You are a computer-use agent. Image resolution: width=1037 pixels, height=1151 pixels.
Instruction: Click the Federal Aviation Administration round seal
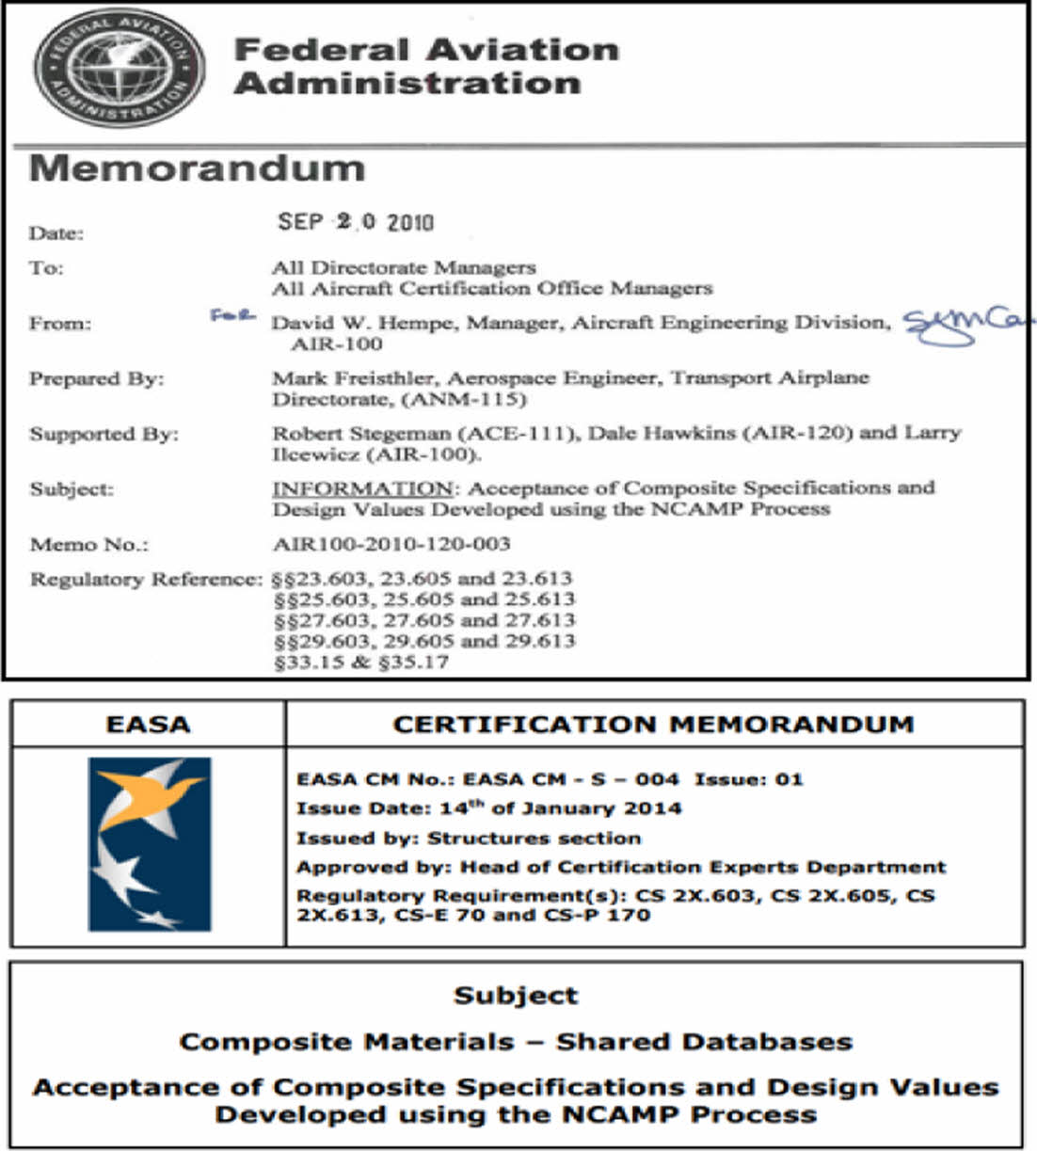point(120,70)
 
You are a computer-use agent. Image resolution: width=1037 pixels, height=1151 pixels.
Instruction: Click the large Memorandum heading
point(198,168)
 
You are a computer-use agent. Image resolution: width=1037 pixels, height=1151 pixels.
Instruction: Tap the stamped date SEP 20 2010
point(356,222)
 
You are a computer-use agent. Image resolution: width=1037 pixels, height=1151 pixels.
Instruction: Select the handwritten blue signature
point(965,325)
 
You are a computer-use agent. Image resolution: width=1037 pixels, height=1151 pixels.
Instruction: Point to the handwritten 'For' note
point(232,315)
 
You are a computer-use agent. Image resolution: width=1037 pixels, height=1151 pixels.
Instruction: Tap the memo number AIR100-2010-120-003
point(391,544)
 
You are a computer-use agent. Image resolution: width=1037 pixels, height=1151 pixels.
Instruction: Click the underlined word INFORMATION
point(362,488)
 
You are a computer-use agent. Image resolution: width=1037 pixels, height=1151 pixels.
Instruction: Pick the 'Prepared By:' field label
point(96,378)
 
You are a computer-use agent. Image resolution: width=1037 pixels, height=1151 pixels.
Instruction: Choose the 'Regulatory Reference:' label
point(146,579)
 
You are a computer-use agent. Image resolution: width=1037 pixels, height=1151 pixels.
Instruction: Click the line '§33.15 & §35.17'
point(360,662)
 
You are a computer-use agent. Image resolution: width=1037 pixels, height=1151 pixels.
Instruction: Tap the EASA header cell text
point(148,724)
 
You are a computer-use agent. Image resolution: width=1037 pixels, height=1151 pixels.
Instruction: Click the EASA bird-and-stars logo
point(150,844)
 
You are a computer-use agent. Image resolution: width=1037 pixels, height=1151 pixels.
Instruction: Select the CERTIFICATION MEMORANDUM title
point(653,724)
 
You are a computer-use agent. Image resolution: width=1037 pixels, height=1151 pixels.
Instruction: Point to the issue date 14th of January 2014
point(560,807)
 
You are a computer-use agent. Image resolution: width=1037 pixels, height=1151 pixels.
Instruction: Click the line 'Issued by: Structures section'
point(469,838)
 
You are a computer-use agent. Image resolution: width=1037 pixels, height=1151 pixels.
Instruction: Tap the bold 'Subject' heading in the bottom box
point(516,996)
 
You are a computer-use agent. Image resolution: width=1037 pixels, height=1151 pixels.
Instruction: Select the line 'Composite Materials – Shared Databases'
point(516,1042)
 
